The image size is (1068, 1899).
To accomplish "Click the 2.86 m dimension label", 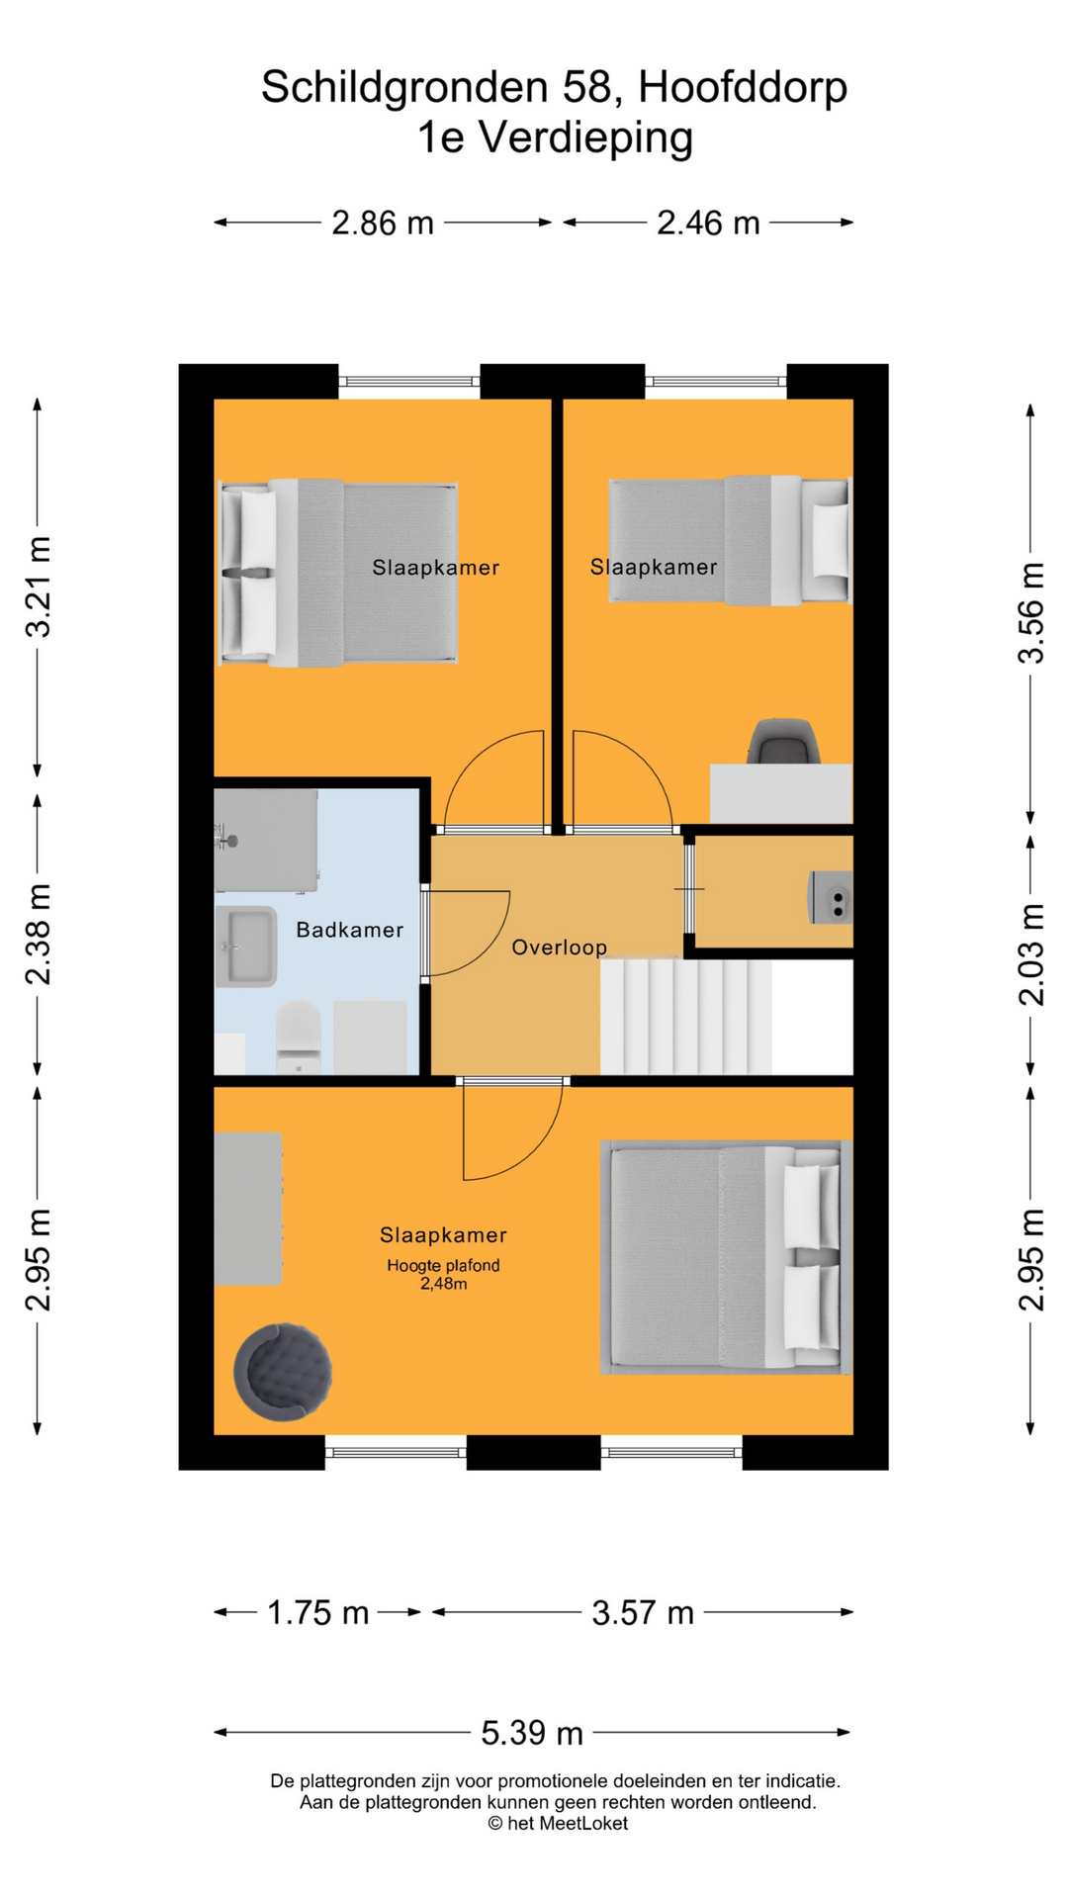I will (x=383, y=224).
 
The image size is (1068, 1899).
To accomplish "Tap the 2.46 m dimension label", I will (x=708, y=224).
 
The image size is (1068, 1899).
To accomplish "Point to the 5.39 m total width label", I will (x=532, y=1733).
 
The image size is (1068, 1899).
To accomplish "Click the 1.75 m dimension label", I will (x=318, y=1613).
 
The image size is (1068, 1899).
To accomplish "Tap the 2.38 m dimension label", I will (x=38, y=935).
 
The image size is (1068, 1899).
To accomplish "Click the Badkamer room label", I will (x=350, y=930).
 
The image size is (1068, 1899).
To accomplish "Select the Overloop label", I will (x=559, y=948).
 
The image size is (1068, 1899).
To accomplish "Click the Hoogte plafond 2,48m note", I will (x=443, y=1275).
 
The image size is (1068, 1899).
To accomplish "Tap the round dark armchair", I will (x=282, y=1372).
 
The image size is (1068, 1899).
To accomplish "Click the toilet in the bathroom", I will (x=298, y=1037).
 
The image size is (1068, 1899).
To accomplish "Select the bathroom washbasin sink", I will (x=246, y=947).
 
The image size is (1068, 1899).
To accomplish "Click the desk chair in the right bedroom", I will (x=783, y=742).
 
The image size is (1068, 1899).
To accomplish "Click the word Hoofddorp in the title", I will (x=742, y=87).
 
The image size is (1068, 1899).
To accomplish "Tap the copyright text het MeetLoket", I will (x=558, y=1823).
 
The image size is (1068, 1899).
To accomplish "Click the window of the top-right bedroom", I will (x=715, y=382).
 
